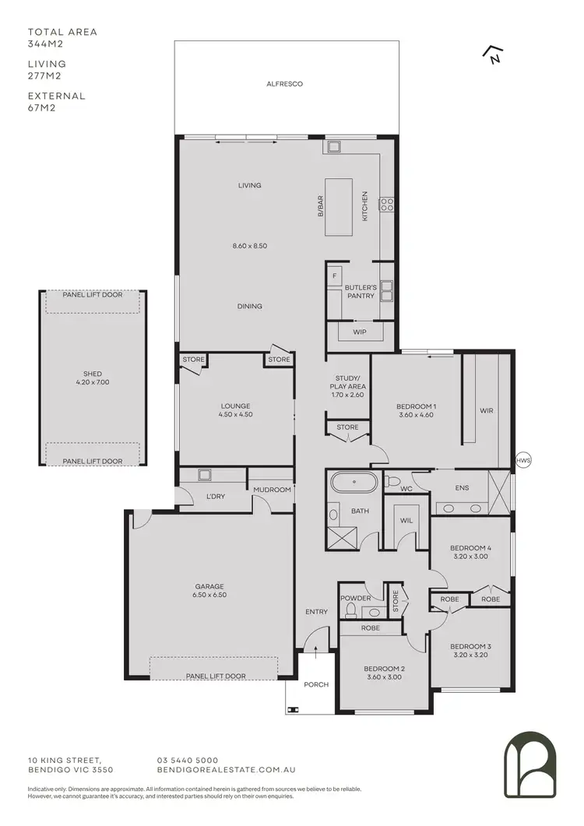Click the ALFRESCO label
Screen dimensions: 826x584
[x=284, y=83]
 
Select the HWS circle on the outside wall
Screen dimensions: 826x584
[x=522, y=461]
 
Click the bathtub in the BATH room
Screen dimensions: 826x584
[x=354, y=483]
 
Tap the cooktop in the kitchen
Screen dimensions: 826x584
[x=385, y=205]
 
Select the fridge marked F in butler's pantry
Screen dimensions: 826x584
[x=335, y=276]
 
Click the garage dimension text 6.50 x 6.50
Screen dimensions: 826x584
[x=209, y=596]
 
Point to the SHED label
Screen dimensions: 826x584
[x=93, y=374]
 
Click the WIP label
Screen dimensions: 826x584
[x=359, y=332]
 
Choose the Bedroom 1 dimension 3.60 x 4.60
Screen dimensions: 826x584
[x=416, y=416]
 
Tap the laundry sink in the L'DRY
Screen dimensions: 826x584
[x=206, y=475]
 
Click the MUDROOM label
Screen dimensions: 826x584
[x=272, y=490]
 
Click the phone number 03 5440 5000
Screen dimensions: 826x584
[x=188, y=761]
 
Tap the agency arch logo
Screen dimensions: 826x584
[x=529, y=764]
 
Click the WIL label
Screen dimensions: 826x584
[x=406, y=521]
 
